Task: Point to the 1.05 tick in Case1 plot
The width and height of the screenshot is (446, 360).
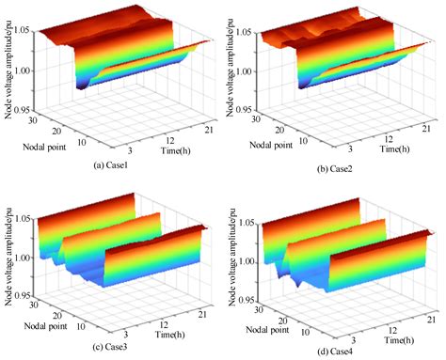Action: tap(19, 31)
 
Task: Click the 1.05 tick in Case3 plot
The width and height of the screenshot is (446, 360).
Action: tap(19, 219)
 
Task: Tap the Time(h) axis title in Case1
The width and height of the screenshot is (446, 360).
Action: tap(166, 149)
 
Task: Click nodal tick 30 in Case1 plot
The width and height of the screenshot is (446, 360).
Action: tap(32, 119)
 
